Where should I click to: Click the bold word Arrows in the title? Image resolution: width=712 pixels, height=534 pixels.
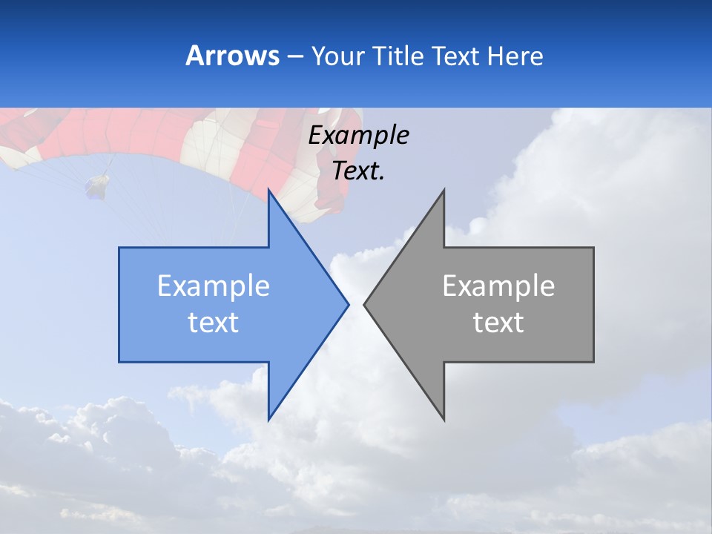point(233,56)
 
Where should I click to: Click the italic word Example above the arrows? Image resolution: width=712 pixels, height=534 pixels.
point(358,135)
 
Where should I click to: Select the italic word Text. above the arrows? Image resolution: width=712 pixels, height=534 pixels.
point(358,171)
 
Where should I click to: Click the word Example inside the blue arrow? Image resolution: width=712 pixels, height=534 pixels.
point(213,286)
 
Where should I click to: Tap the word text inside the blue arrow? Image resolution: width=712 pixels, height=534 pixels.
point(213,323)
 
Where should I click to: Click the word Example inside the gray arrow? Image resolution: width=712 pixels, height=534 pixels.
point(498,286)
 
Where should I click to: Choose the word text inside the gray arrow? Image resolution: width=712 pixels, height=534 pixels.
point(498,323)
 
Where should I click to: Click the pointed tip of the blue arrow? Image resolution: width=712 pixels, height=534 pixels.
point(348,304)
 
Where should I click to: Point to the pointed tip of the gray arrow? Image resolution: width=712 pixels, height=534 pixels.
point(364,304)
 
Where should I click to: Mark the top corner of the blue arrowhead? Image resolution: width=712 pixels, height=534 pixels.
point(268,190)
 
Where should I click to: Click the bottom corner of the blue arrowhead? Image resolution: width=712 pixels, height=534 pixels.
point(268,419)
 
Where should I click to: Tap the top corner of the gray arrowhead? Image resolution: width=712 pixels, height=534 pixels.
point(444,190)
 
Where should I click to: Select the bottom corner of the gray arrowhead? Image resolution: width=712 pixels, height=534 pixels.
point(444,419)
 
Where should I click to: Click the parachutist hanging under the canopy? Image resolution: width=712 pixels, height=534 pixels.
point(97,185)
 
